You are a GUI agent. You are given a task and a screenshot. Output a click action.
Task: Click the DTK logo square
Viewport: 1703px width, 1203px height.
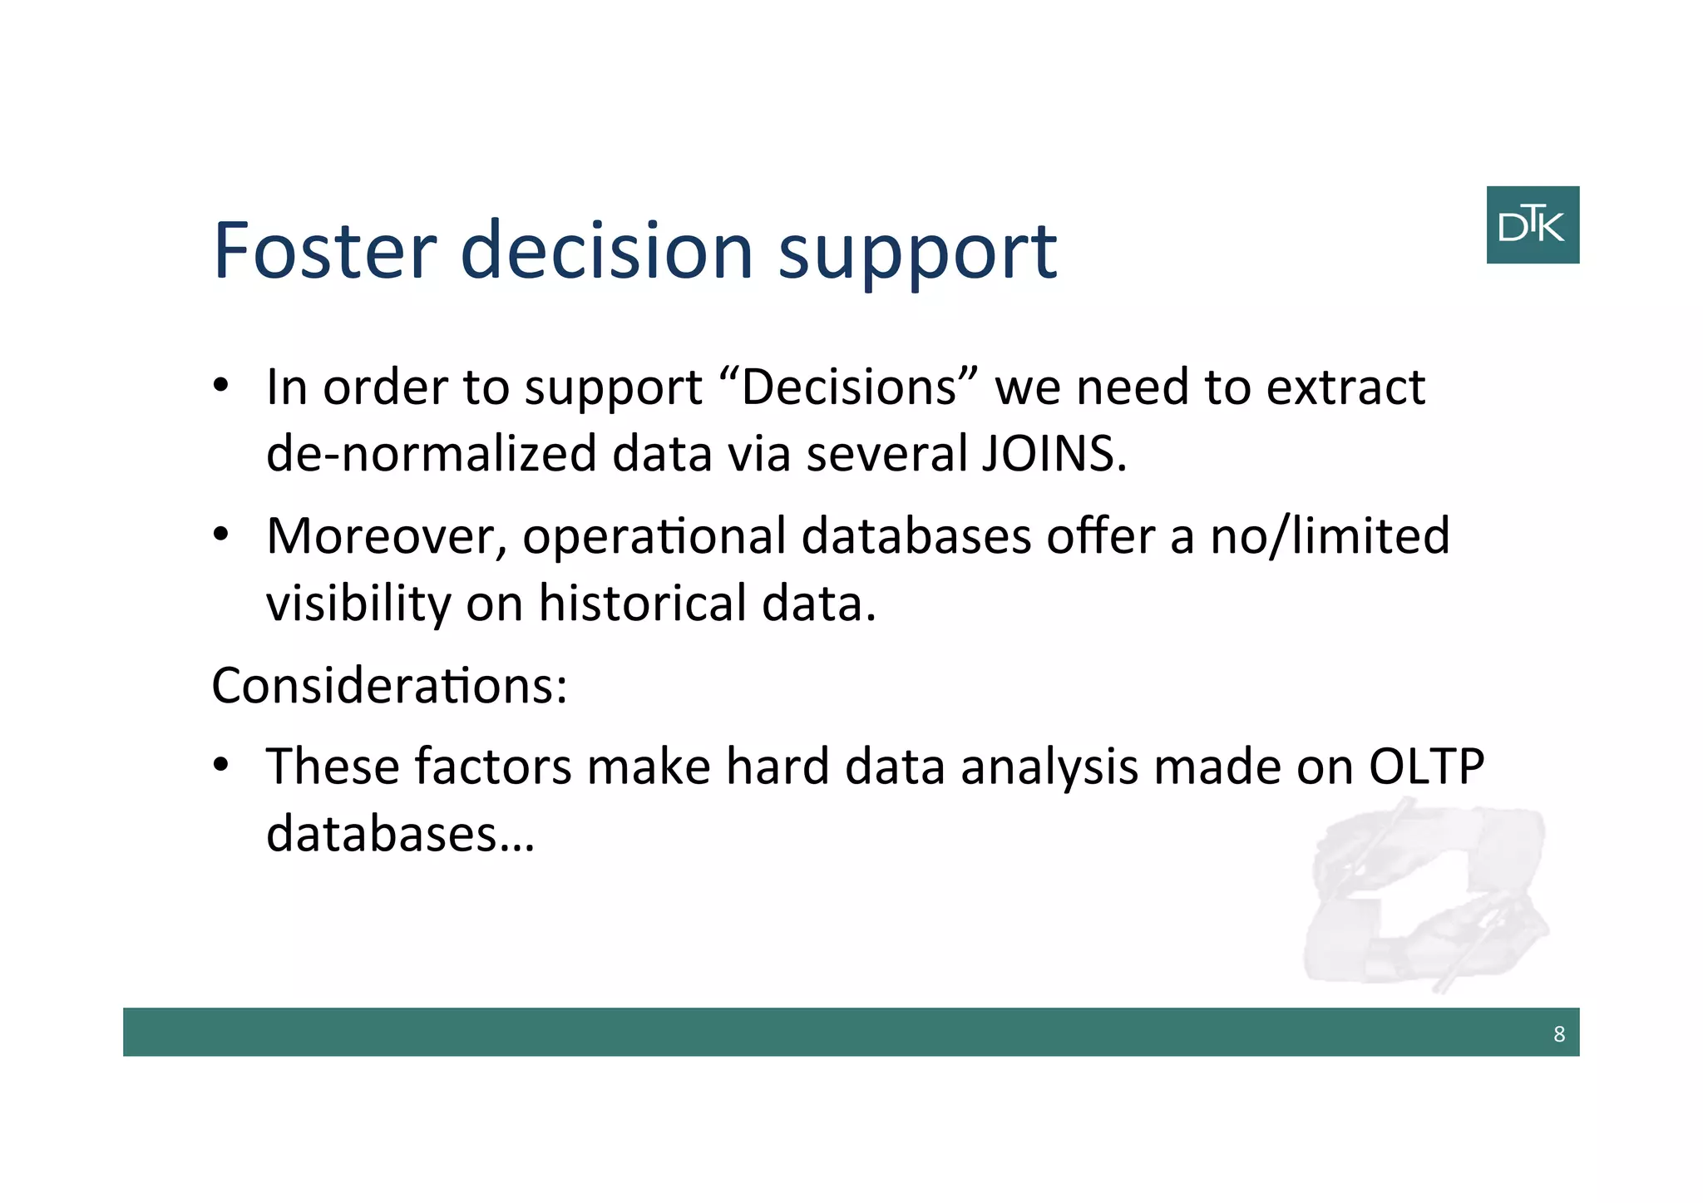[1532, 224]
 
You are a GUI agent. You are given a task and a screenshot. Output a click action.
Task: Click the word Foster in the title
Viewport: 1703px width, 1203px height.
[324, 250]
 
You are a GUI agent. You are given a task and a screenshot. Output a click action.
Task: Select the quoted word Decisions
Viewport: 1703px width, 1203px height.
[848, 387]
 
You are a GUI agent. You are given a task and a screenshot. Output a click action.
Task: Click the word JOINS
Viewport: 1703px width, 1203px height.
[1054, 454]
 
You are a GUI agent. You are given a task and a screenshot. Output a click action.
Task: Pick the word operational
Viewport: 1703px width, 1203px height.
[654, 536]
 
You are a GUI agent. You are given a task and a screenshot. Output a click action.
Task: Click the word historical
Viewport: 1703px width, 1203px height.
[642, 603]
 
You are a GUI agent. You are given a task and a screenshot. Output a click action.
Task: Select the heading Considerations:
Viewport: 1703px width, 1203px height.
[389, 686]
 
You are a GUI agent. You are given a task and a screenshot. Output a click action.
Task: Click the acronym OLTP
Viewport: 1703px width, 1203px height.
[1425, 767]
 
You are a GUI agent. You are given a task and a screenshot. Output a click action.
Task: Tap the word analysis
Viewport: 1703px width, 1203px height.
[1049, 767]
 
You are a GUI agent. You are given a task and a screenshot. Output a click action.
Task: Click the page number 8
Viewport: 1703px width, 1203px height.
[1558, 1034]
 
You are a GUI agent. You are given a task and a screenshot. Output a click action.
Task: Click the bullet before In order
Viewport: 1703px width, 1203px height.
[220, 386]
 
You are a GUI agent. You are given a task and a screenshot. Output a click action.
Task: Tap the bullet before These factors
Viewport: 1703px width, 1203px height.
[220, 765]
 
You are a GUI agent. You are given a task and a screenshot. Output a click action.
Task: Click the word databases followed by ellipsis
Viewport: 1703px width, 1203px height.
[399, 834]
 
